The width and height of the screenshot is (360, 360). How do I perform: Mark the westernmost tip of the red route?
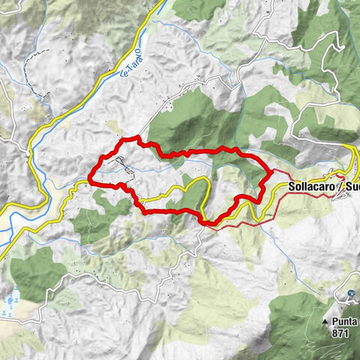click(90, 178)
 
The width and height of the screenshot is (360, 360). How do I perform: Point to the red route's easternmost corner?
click(269, 174)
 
